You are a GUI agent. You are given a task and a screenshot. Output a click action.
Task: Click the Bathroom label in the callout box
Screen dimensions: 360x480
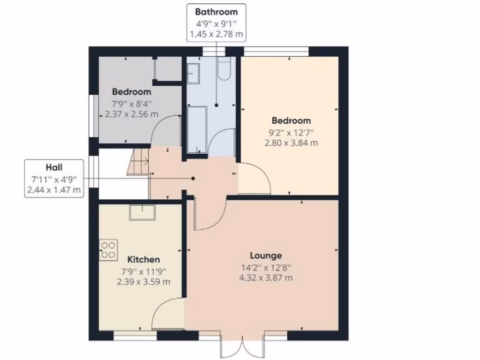[x=216, y=12]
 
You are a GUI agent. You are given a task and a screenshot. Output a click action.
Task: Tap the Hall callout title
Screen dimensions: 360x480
[x=54, y=167]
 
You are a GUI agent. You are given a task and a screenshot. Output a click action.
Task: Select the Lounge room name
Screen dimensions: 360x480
[x=266, y=255]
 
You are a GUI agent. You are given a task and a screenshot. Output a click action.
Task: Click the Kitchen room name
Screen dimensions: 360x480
[x=143, y=259]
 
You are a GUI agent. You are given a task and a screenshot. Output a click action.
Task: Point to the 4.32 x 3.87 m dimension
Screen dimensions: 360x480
[x=266, y=278]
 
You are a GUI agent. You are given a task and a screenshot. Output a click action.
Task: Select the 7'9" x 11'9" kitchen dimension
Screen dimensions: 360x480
[x=143, y=271]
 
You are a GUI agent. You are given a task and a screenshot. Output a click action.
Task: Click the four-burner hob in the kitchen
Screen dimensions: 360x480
[x=108, y=248]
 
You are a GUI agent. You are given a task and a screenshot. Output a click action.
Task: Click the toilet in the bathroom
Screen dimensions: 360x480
[x=224, y=68]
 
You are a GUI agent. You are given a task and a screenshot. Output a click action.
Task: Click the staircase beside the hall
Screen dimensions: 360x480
[x=138, y=162]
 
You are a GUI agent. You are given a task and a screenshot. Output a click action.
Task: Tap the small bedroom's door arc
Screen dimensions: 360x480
[x=165, y=130]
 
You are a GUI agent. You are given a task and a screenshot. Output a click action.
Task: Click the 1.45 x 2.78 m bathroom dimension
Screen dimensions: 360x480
[x=216, y=34]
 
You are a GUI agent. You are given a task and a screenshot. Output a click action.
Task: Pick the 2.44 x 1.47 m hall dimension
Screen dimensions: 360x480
[x=54, y=190]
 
